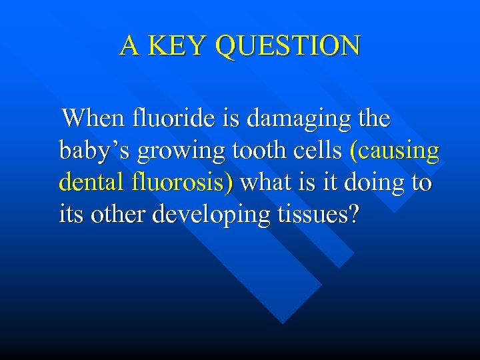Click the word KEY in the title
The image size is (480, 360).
(179, 46)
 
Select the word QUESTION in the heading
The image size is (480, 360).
(289, 47)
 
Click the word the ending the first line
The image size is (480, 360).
(373, 119)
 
